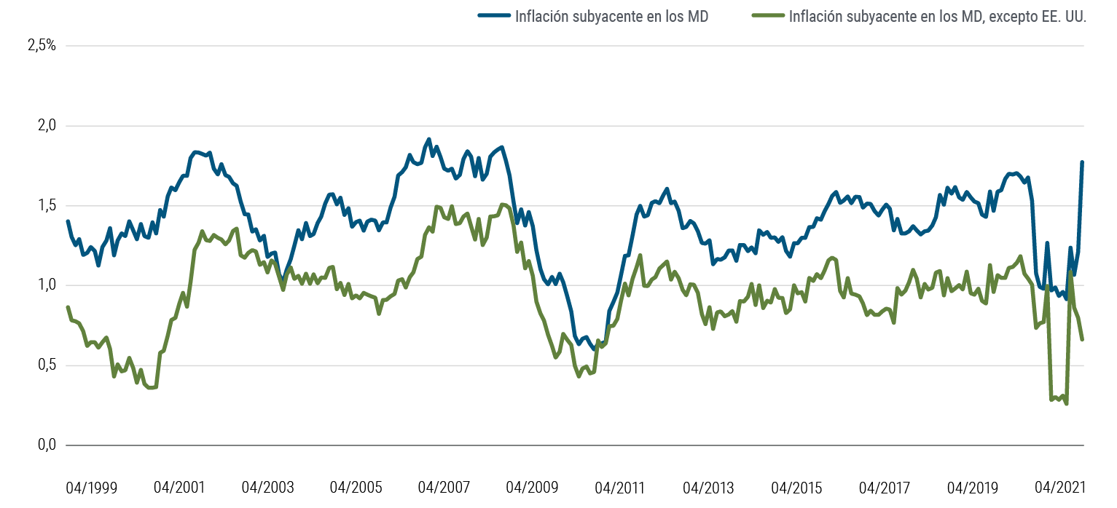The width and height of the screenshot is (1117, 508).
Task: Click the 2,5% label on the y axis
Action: (42, 46)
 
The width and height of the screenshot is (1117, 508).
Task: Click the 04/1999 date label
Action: (91, 487)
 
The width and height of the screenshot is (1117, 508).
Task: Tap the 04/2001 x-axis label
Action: (179, 487)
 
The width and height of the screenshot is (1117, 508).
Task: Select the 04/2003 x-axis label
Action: (267, 487)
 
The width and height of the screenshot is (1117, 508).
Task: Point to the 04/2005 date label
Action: (356, 487)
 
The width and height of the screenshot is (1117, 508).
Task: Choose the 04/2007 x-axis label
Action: (444, 487)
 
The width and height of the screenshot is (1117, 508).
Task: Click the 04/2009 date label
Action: (532, 487)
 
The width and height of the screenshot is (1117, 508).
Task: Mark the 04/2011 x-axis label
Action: (620, 487)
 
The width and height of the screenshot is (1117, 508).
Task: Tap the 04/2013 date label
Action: (708, 487)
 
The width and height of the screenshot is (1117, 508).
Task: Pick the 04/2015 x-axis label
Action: (796, 487)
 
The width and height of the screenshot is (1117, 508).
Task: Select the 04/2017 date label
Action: (885, 487)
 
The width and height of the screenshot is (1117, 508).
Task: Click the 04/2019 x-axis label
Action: (973, 487)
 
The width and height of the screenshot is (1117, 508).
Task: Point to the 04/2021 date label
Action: (1061, 487)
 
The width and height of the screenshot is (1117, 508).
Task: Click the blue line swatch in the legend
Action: (494, 16)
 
